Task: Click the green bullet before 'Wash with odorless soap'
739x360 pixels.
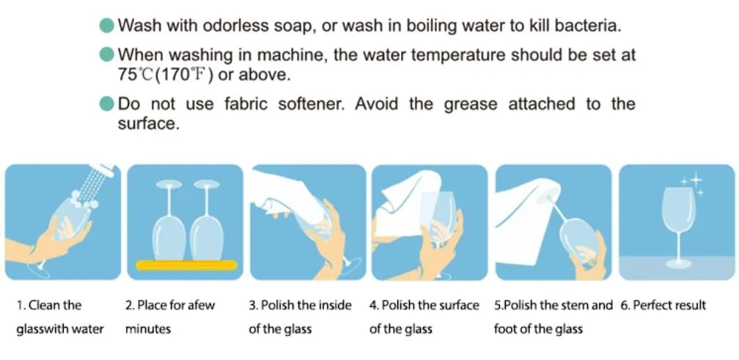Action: coord(107,25)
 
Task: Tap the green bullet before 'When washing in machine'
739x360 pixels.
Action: coord(107,55)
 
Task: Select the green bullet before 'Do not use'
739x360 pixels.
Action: coord(107,104)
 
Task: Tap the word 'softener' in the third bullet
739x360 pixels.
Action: coord(311,104)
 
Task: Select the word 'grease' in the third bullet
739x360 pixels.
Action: coord(469,104)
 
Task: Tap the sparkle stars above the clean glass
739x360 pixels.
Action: coord(693,185)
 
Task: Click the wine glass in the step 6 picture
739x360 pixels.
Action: coord(676,227)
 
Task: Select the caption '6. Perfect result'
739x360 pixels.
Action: coord(663,305)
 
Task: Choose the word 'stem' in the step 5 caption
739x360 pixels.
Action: coord(575,305)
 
